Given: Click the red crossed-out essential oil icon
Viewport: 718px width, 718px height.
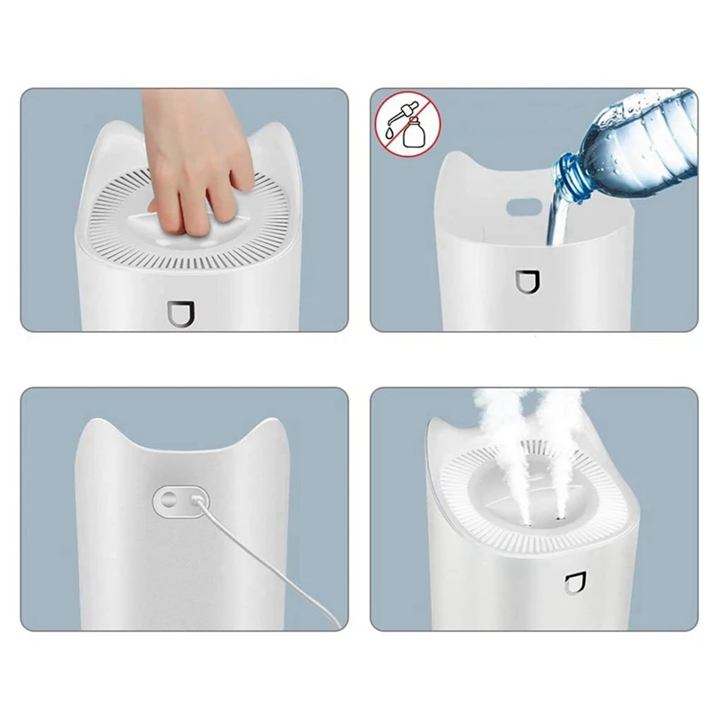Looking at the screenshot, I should pyautogui.click(x=400, y=125).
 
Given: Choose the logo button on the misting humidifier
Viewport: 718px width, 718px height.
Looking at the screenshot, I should pyautogui.click(x=572, y=586).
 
